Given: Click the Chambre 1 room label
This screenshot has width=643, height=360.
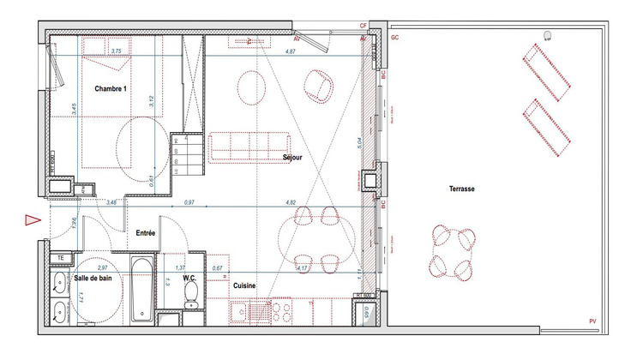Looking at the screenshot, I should click(x=111, y=89).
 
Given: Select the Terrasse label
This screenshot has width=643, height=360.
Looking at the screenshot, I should click(x=460, y=189).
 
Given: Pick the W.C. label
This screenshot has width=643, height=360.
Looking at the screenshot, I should click(x=191, y=278).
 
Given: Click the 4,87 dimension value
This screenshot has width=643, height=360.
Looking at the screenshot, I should click(x=290, y=52).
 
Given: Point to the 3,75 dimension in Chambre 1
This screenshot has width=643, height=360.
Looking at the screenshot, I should click(x=116, y=52).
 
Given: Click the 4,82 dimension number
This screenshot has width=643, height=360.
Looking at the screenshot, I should click(x=291, y=203).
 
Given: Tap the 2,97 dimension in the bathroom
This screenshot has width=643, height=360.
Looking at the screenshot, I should click(x=102, y=268).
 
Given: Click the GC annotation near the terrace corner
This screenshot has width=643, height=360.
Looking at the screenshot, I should click(x=395, y=39).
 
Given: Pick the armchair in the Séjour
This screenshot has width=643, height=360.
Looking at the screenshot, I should click(x=320, y=86).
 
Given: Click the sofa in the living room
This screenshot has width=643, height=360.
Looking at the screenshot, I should click(x=249, y=146).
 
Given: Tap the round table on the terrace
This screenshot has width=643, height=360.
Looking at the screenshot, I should click(x=451, y=252).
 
